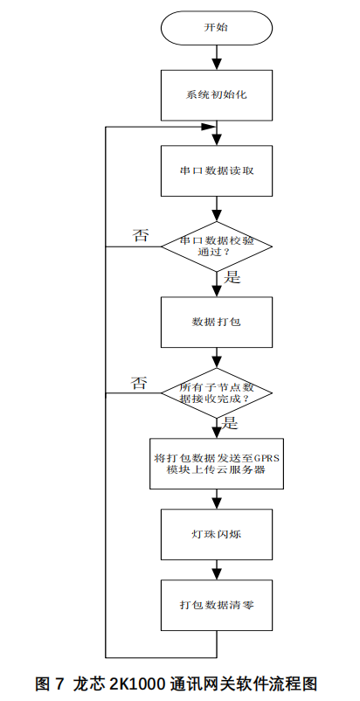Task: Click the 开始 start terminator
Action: pyautogui.click(x=217, y=27)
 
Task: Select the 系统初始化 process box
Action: pyautogui.click(x=217, y=95)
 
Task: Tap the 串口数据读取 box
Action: pyautogui.click(x=217, y=170)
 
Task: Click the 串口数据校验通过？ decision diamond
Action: pyautogui.click(x=217, y=246)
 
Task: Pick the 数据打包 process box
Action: pyautogui.click(x=217, y=322)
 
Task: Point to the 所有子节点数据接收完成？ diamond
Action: pyautogui.click(x=217, y=393)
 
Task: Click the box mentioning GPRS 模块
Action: pyautogui.click(x=217, y=463)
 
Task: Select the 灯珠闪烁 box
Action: pyautogui.click(x=217, y=534)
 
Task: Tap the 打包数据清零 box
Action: pyautogui.click(x=217, y=606)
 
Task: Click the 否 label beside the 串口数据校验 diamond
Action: pyautogui.click(x=141, y=235)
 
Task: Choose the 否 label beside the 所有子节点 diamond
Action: pyautogui.click(x=139, y=383)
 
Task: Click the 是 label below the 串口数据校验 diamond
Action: pyautogui.click(x=232, y=277)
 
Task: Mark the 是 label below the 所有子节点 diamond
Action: pyautogui.click(x=231, y=423)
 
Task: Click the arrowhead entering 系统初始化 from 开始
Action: pyautogui.click(x=217, y=65)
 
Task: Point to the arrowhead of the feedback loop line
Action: pyautogui.click(x=209, y=127)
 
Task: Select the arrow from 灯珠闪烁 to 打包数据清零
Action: pyautogui.click(x=217, y=570)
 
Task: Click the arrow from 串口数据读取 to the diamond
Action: pyautogui.click(x=217, y=209)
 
